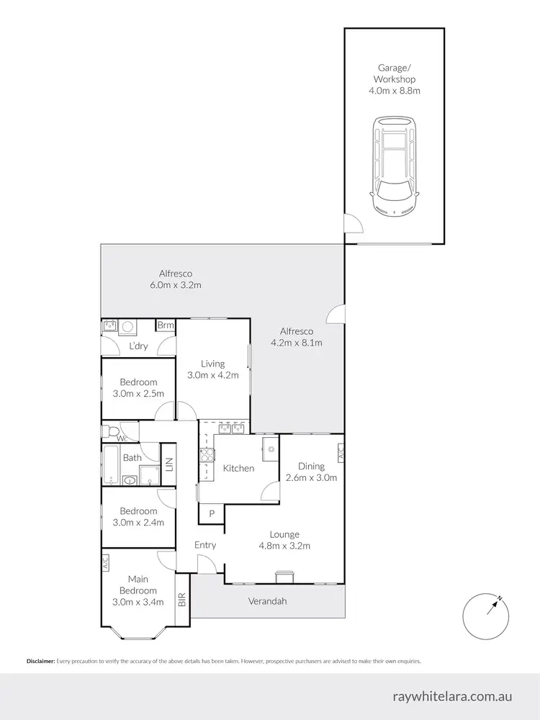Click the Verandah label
tap(268, 601)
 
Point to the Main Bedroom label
tap(138, 590)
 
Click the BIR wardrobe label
tap(182, 599)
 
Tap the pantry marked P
tap(212, 513)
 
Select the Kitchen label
tap(238, 469)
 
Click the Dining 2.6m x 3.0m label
tap(312, 472)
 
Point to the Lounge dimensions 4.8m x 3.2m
tap(284, 546)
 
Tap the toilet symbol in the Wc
tap(110, 431)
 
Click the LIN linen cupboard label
tap(170, 464)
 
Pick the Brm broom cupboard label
tap(166, 326)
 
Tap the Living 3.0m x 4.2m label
tap(213, 369)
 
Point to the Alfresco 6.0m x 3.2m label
tap(175, 279)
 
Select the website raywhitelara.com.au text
tap(452, 696)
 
